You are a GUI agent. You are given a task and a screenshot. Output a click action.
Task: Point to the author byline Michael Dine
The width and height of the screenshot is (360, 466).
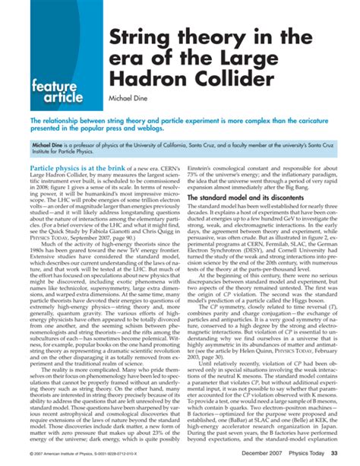(x=134, y=101)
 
